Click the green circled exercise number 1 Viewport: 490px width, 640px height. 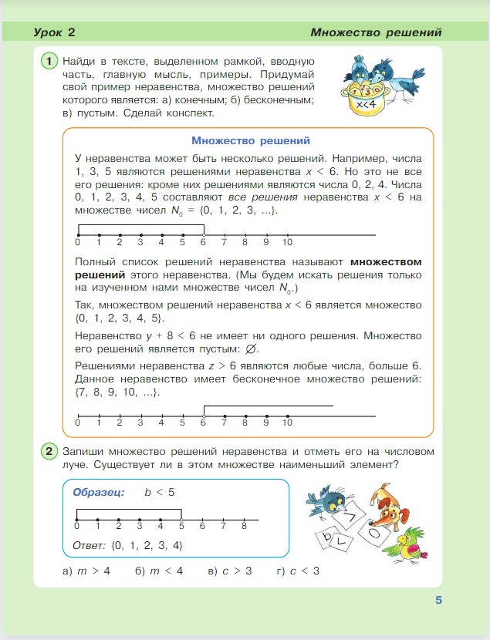point(49,61)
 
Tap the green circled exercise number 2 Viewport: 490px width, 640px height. point(49,451)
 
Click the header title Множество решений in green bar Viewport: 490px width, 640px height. point(376,32)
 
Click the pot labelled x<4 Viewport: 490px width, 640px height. point(366,101)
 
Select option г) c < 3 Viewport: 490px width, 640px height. point(298,571)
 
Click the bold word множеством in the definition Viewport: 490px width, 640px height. point(386,262)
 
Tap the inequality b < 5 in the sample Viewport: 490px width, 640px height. point(159,492)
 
